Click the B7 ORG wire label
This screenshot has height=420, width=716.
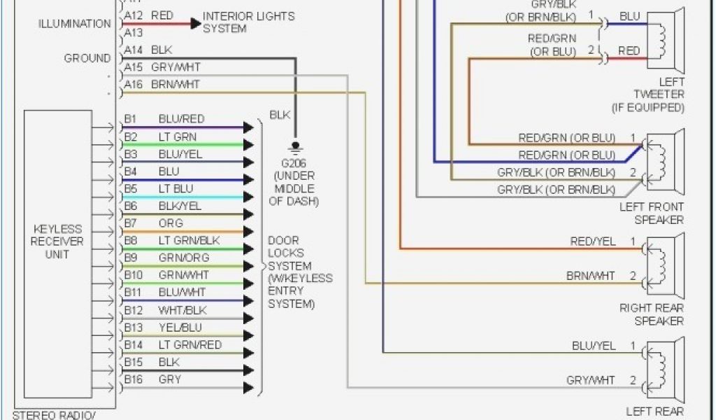[x=171, y=223]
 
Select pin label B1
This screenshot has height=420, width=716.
[x=131, y=119]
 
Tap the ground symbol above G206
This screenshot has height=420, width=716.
[x=295, y=148]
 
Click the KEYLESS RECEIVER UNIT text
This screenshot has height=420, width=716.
[x=57, y=241]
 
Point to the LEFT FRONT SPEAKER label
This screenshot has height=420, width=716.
[x=651, y=213]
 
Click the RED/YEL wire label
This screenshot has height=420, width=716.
[x=593, y=241]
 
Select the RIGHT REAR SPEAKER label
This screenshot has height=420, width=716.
[x=651, y=314]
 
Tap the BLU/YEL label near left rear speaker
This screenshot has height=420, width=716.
[x=594, y=346]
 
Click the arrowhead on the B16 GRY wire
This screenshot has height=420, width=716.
[x=248, y=387]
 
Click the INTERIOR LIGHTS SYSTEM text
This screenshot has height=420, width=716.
[x=248, y=22]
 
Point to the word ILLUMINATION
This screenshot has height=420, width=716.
[x=74, y=24]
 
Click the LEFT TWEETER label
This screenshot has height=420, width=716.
[x=658, y=88]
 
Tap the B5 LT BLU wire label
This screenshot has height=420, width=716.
[x=176, y=189]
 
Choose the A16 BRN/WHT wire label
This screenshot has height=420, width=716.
[x=175, y=85]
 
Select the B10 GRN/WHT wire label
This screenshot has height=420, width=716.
[x=183, y=276]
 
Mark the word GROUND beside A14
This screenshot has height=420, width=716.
[x=87, y=59]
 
